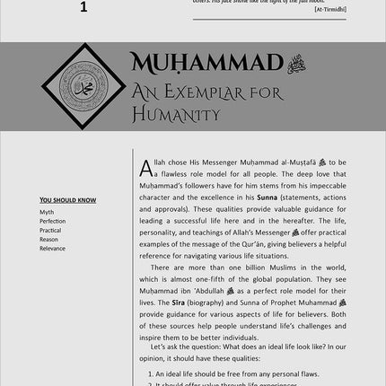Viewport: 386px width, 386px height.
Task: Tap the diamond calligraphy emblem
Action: [85, 87]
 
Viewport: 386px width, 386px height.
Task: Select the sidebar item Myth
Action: [47, 213]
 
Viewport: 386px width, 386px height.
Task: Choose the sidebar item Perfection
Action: [53, 221]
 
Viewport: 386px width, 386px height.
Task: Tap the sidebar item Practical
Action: [51, 230]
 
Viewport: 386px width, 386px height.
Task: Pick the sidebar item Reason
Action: [49, 239]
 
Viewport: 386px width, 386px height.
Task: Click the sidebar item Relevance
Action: [53, 248]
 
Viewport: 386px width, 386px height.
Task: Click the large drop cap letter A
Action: [146, 167]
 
